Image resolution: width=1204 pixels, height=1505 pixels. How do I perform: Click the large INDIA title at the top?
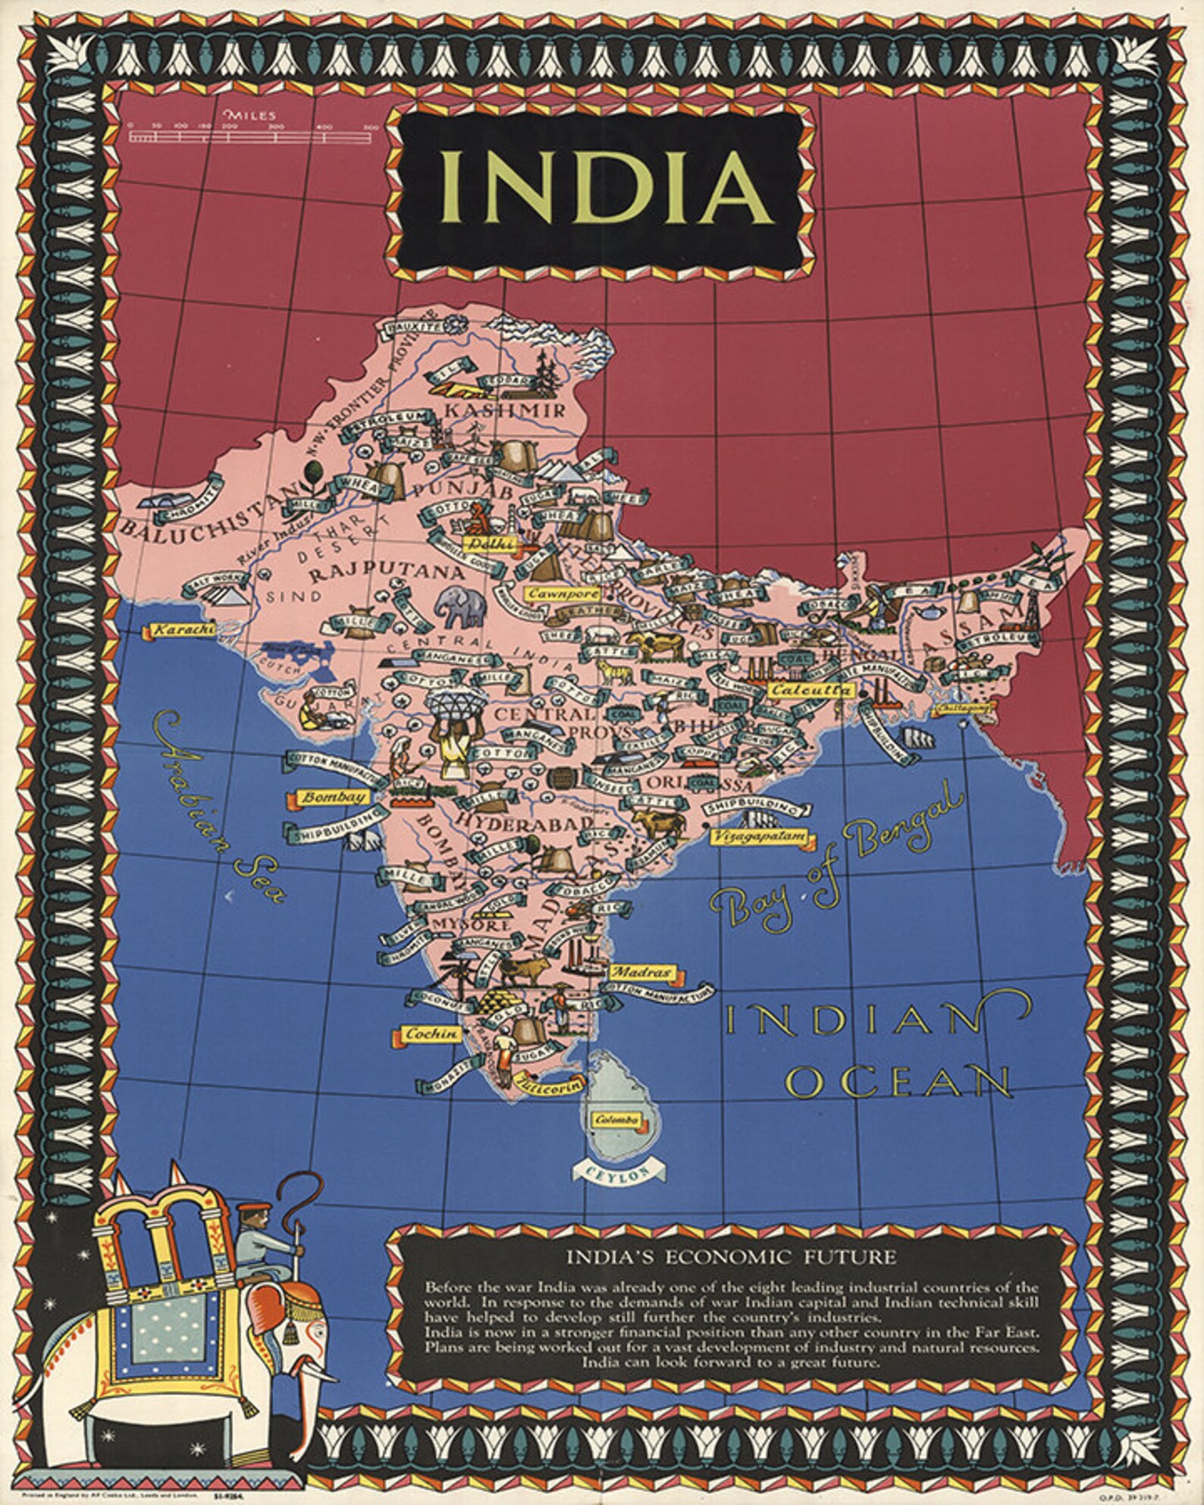pos(605,187)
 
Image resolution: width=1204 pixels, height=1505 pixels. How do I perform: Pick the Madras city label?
pos(641,973)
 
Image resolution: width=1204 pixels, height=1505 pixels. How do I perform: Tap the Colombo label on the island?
pos(617,1120)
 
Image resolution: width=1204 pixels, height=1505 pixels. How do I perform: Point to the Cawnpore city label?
pos(563,594)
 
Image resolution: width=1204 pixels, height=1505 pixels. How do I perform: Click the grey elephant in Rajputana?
pos(460,607)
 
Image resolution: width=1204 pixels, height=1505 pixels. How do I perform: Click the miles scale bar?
pos(249,136)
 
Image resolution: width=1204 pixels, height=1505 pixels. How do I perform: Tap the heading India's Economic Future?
pos(731,1257)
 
